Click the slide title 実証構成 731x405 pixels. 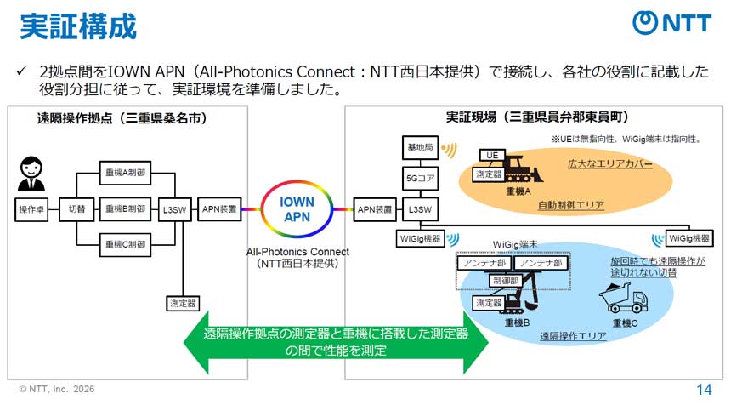(78, 26)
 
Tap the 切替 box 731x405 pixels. (77, 208)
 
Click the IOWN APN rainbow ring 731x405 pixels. (297, 208)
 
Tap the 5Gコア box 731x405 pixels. (419, 180)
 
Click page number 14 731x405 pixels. (704, 390)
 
